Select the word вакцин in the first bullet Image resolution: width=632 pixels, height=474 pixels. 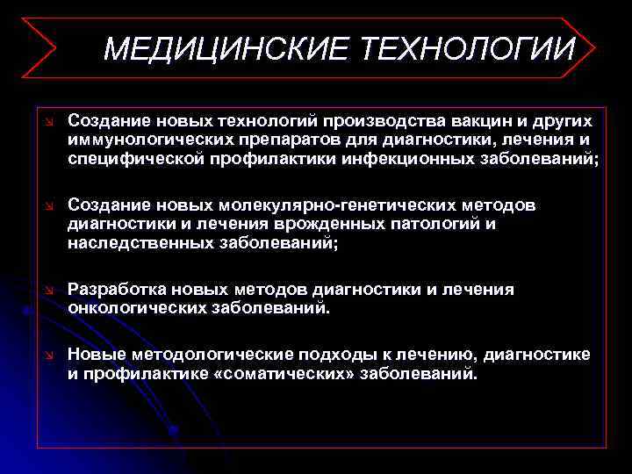[479, 119]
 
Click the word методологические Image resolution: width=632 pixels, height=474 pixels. [223, 355]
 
